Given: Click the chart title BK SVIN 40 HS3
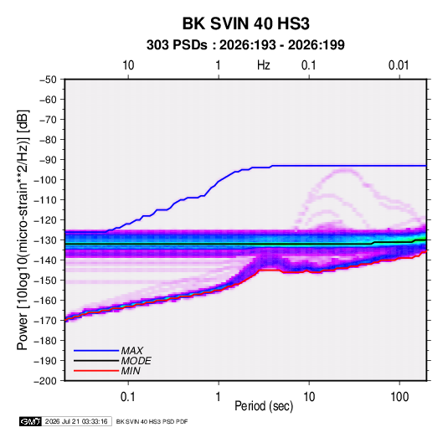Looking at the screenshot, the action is pyautogui.click(x=245, y=23).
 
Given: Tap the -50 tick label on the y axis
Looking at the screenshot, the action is pyautogui.click(x=48, y=80).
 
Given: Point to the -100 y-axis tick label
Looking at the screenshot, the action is pyautogui.click(x=45, y=180).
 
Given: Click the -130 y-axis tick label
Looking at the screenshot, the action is pyautogui.click(x=45, y=240).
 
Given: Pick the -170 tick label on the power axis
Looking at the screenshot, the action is pyautogui.click(x=45, y=321).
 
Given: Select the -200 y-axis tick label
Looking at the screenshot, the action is pyautogui.click(x=45, y=381).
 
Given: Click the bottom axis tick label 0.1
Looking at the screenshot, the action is pyautogui.click(x=128, y=397).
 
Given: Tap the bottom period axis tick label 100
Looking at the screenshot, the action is pyautogui.click(x=399, y=397).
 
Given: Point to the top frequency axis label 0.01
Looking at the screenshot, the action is pyautogui.click(x=399, y=65).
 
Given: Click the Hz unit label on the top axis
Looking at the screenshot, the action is pyautogui.click(x=264, y=65).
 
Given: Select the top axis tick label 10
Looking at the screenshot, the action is pyautogui.click(x=128, y=65).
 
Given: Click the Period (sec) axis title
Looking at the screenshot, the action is pyautogui.click(x=264, y=406).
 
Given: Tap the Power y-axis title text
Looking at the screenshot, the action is pyautogui.click(x=23, y=230).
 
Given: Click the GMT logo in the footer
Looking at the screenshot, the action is pyautogui.click(x=30, y=421).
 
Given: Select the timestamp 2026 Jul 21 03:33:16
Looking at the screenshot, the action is pyautogui.click(x=76, y=421).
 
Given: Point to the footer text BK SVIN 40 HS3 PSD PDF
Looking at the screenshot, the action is pyautogui.click(x=152, y=421).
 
